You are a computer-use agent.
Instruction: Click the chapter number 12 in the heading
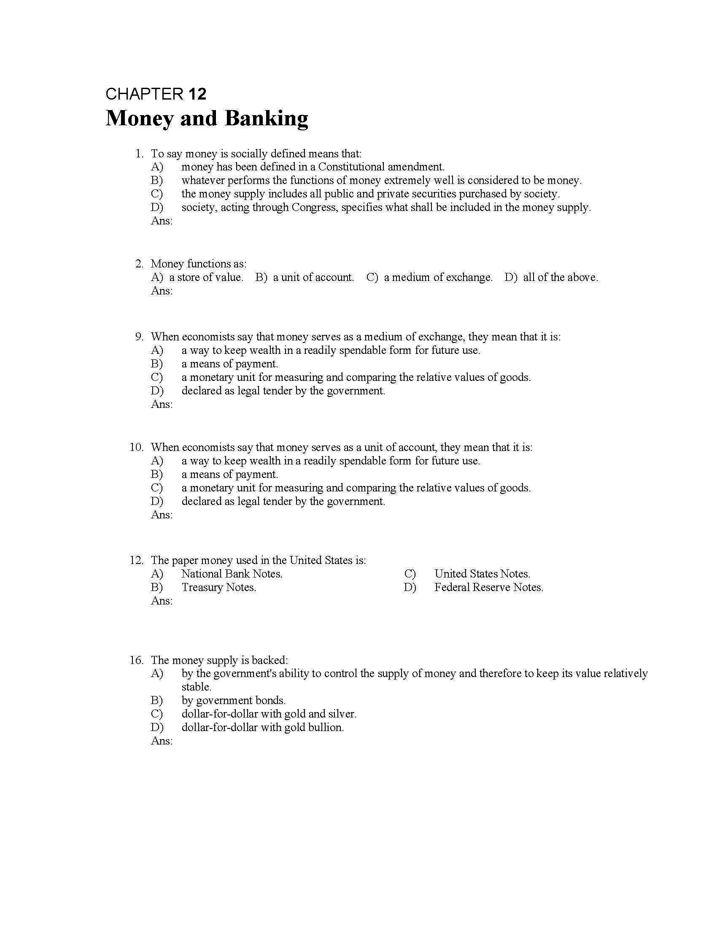pos(197,94)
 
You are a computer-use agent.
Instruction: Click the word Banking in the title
pos(266,119)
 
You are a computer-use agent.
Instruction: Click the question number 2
pos(139,264)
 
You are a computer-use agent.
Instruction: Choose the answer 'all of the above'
pos(560,278)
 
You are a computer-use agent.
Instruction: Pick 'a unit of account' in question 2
pos(313,278)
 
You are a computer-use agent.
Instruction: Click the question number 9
pos(139,337)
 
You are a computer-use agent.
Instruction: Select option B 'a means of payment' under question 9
pos(229,364)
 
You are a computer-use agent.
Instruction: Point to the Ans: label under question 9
pos(162,404)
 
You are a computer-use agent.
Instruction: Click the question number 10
pos(136,448)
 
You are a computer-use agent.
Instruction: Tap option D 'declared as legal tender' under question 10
pos(283,502)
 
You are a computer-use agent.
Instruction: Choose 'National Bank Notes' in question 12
pos(232,574)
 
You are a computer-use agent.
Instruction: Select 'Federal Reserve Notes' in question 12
pos(488,588)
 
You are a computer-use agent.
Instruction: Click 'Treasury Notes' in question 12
pos(219,588)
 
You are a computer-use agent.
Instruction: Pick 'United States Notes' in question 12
pos(482,574)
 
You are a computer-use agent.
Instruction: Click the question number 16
pos(136,660)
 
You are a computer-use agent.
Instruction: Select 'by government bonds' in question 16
pos(233,701)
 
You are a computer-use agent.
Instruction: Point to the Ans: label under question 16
pos(162,741)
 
